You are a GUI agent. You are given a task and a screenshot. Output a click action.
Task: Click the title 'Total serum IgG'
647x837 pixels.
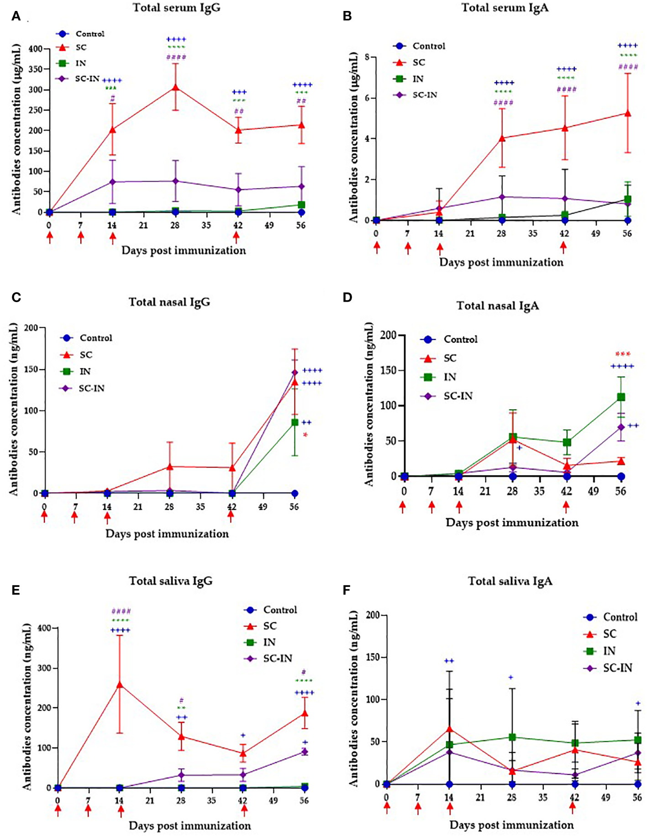[176, 8]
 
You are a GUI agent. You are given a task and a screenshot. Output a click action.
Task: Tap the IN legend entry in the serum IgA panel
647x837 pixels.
[418, 79]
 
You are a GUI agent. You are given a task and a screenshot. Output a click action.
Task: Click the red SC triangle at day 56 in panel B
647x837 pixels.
[627, 113]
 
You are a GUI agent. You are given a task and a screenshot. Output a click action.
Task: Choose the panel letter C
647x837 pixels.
[16, 298]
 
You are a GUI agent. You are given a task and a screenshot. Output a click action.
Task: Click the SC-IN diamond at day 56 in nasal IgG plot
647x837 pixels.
[295, 372]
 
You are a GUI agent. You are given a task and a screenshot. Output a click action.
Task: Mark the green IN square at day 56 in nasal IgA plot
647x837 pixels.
[621, 397]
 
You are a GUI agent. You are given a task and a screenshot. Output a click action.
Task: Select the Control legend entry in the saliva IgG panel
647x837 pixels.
[279, 610]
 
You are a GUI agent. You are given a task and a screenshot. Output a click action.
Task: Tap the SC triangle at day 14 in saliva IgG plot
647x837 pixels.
[119, 685]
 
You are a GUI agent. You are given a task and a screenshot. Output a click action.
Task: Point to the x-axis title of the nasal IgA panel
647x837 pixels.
[512, 523]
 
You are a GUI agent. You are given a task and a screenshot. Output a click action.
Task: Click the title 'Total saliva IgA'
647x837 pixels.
[510, 581]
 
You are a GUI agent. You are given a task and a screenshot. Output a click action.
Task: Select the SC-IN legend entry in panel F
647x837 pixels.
[617, 668]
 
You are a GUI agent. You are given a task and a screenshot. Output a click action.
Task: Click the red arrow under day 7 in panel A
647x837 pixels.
[81, 237]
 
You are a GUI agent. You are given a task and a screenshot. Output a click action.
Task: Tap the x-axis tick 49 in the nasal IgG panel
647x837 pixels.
[263, 507]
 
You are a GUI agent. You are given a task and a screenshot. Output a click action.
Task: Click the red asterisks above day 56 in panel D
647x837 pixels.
[623, 354]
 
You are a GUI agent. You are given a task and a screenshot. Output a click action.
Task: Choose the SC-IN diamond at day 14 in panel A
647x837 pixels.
[112, 182]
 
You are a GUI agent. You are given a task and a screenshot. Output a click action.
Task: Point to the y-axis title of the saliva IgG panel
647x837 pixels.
[27, 707]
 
